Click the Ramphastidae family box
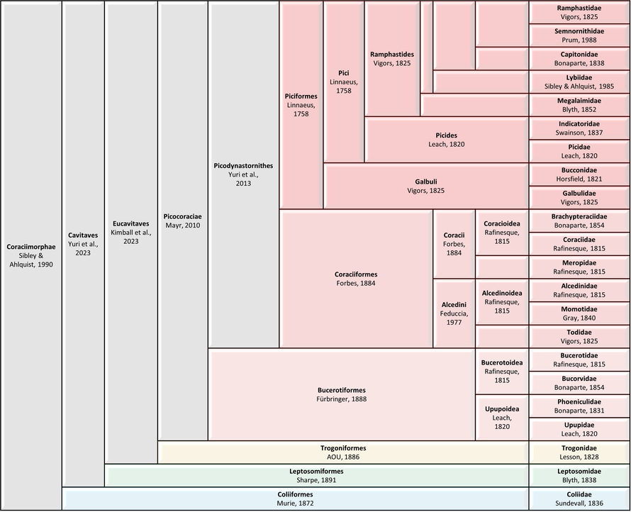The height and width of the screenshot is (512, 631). (579, 13)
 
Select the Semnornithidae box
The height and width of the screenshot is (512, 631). (579, 35)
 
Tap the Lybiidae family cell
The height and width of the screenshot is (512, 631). (579, 82)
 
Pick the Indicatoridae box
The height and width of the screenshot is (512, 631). (579, 128)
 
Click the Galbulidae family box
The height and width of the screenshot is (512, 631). (579, 198)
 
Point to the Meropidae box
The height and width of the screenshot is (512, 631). (579, 267)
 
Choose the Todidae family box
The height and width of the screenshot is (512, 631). (579, 337)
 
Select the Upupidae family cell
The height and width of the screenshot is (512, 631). (579, 429)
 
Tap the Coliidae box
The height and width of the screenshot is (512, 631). (579, 499)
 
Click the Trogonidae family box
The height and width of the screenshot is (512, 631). (579, 452)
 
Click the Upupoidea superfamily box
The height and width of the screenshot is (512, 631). (502, 418)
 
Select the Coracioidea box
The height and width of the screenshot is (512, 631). (502, 233)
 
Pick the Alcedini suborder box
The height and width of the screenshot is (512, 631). (454, 313)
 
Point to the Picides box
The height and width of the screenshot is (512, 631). (446, 140)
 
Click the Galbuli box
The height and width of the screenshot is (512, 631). (426, 186)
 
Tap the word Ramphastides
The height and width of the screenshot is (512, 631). (392, 55)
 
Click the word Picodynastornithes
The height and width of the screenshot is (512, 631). (243, 166)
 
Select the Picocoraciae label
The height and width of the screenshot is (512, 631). (183, 216)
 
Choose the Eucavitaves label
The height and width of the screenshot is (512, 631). (130, 223)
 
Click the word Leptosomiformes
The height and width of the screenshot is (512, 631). (316, 472)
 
